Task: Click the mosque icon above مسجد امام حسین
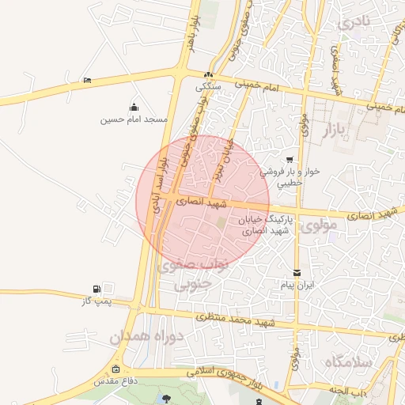134,108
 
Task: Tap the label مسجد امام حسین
134,119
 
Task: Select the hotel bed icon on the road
86,80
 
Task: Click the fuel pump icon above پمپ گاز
97,289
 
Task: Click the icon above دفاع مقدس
117,369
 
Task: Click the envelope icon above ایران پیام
297,272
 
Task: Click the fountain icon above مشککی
208,73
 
